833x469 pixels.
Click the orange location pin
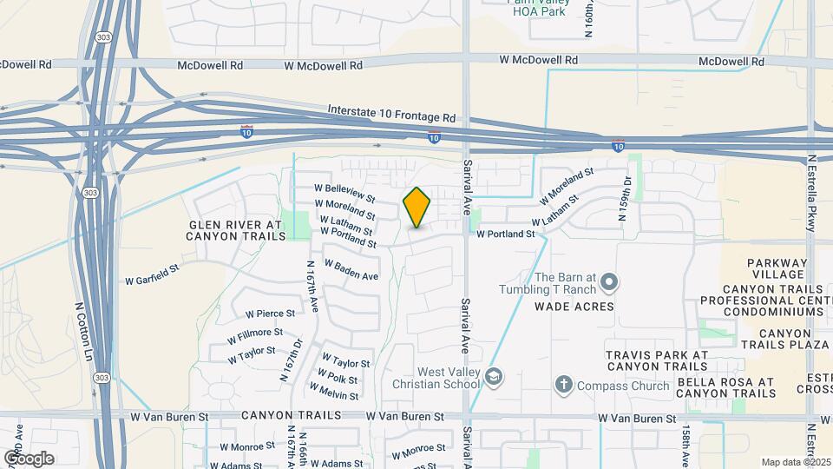click(417, 208)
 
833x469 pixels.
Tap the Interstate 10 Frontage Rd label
click(391, 114)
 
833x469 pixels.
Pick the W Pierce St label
click(271, 313)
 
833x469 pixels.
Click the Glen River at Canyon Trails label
click(236, 230)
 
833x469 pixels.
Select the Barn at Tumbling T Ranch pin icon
click(609, 281)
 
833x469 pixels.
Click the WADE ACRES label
click(574, 306)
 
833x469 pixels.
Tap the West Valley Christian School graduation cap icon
click(494, 376)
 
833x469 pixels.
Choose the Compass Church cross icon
click(563, 383)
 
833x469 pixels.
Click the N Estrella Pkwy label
click(813, 193)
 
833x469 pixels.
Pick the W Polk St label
click(338, 379)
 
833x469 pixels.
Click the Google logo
click(30, 458)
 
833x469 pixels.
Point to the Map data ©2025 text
click(795, 462)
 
